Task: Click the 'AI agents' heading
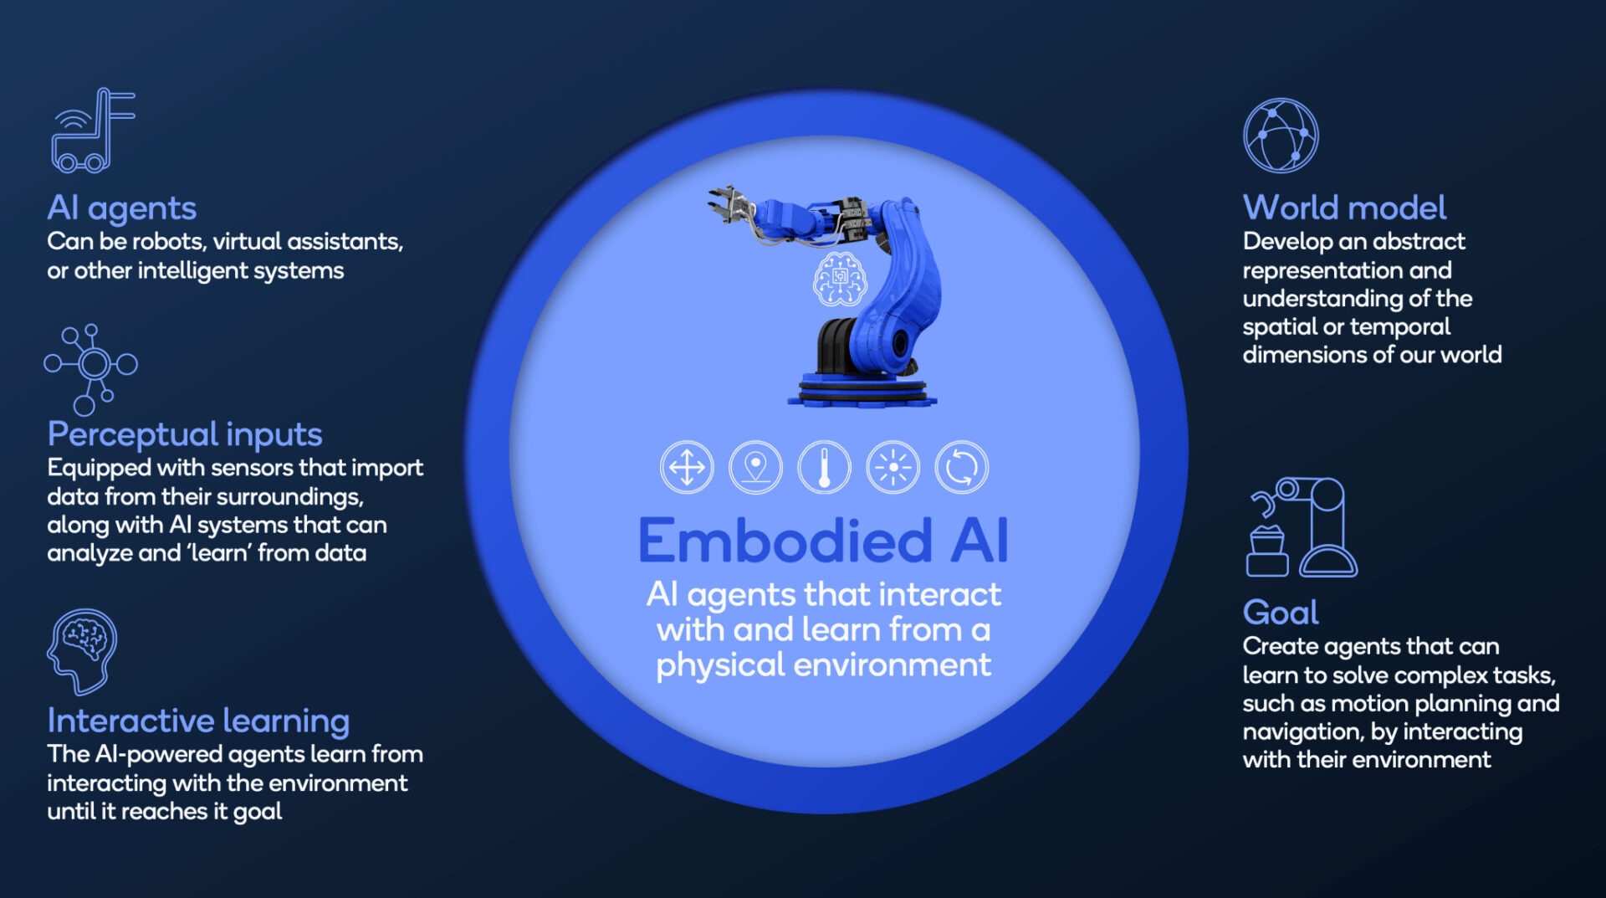pos(122,208)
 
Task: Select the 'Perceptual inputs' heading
pos(185,434)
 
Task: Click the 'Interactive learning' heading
pos(198,721)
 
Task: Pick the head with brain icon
pos(82,651)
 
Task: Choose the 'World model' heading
pos(1344,208)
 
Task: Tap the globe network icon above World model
pos(1280,136)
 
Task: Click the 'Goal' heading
pos(1281,613)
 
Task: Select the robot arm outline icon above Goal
pos(1302,527)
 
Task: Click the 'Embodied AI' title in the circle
pos(823,541)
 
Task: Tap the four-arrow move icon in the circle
pos(687,467)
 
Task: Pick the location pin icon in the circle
pos(755,467)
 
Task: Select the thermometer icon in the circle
pos(824,467)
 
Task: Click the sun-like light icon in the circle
pos(893,467)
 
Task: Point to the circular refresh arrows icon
pos(961,467)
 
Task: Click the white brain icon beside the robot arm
pos(840,280)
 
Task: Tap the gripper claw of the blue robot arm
pos(727,204)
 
